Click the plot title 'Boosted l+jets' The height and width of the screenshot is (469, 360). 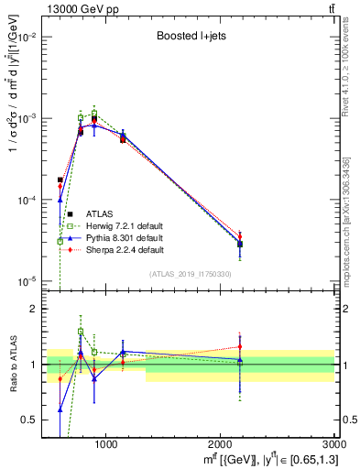click(191, 37)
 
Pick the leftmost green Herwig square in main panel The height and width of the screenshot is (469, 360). click(60, 241)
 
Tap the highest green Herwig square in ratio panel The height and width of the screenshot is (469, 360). click(81, 332)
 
